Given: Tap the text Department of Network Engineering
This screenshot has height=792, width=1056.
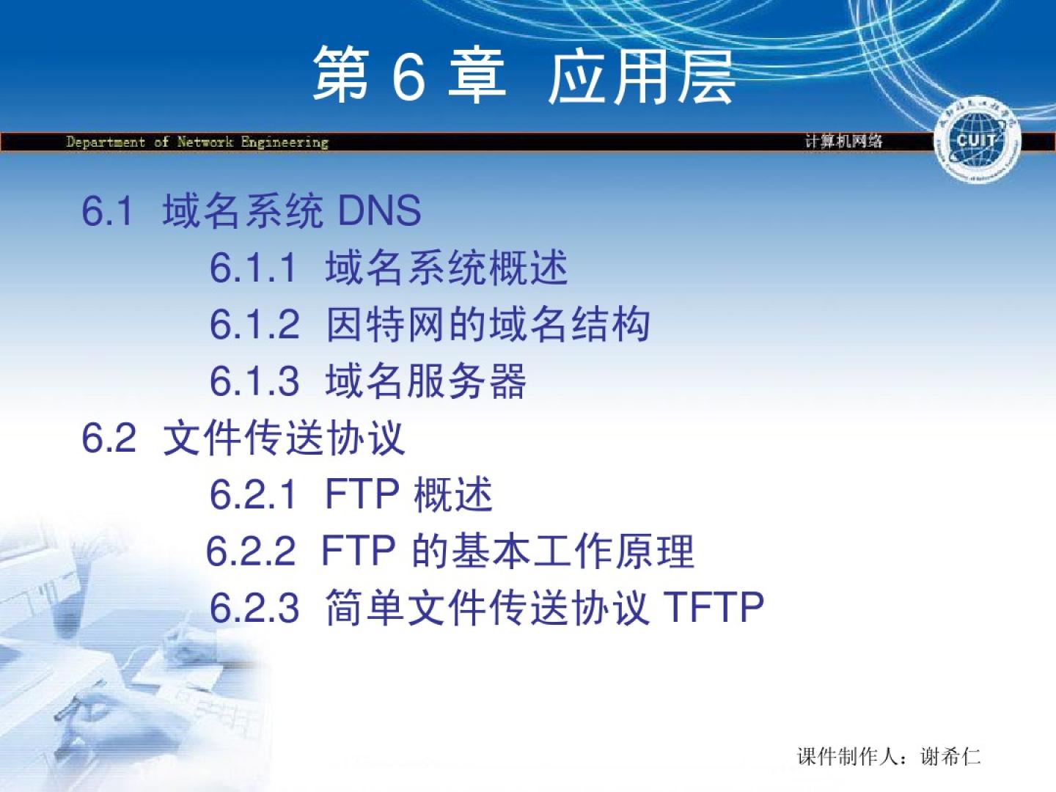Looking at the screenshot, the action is click(x=197, y=142).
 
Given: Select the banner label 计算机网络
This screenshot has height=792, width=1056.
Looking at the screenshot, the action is click(x=844, y=142).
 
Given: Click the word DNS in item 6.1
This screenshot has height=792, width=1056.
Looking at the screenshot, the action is click(x=379, y=211).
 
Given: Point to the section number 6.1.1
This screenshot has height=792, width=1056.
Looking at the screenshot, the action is click(x=253, y=268).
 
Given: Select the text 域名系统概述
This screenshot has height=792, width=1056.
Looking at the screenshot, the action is click(x=447, y=268).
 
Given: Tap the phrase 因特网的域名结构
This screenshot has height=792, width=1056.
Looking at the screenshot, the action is click(x=488, y=324).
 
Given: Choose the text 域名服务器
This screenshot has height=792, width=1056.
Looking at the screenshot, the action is click(x=426, y=381).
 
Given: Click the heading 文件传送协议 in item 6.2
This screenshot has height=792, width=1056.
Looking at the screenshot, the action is click(x=284, y=438).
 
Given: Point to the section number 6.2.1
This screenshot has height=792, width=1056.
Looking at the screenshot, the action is click(x=253, y=494).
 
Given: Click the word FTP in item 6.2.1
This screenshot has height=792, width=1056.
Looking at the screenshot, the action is click(x=362, y=494).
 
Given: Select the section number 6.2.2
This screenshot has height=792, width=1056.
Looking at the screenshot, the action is click(x=251, y=551).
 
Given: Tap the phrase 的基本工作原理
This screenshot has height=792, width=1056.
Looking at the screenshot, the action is click(x=553, y=551).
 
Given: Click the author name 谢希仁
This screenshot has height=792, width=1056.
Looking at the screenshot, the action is click(x=950, y=756).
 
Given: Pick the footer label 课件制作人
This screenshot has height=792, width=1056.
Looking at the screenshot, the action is click(x=848, y=756).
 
